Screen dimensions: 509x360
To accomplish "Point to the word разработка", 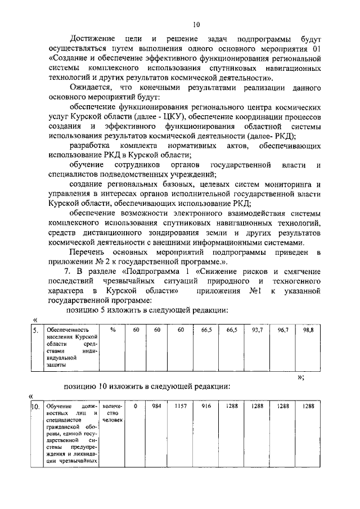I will (88, 147).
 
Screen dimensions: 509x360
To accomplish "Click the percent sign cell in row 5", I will (113, 330).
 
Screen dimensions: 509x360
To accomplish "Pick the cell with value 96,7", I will (282, 330).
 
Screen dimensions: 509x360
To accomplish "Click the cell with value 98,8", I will (308, 330).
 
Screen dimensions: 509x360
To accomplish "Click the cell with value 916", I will (205, 406).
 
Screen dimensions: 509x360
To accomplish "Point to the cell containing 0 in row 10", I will (136, 406).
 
